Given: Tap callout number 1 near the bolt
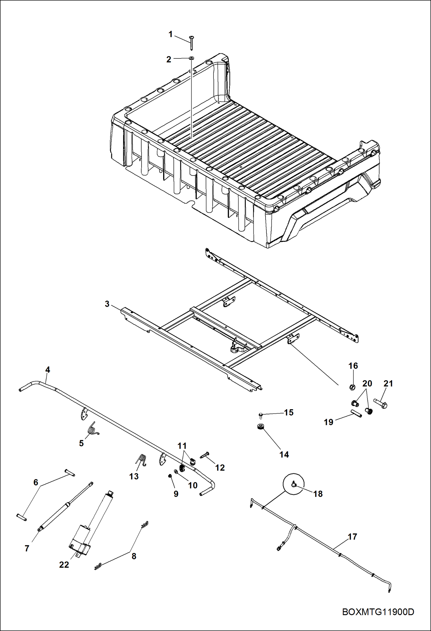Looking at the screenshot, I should (170, 35).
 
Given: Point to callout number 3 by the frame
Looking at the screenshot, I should (107, 304).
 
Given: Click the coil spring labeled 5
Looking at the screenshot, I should (93, 430).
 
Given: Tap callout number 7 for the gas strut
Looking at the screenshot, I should (27, 548).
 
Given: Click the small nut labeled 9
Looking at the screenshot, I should (170, 476).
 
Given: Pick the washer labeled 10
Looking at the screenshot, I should (176, 472).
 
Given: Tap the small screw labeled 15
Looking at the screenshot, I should (261, 415).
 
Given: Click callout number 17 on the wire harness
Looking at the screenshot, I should (352, 537).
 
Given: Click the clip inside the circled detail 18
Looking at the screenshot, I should (294, 485).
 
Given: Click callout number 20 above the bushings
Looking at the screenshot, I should (367, 384).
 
